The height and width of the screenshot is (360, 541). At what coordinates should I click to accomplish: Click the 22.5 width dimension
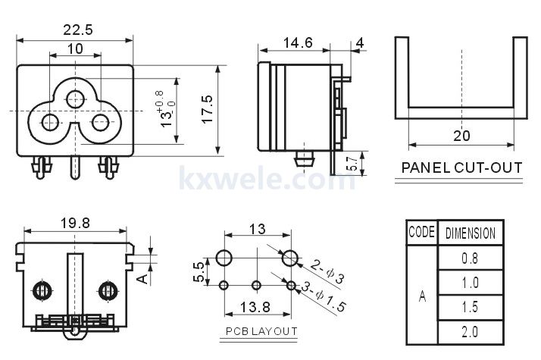[x=78, y=30]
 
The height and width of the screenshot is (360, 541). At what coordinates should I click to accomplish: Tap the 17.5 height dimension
[x=208, y=109]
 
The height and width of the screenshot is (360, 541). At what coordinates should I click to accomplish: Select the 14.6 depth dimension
[x=298, y=42]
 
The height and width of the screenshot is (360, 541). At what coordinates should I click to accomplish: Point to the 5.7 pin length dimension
[x=352, y=164]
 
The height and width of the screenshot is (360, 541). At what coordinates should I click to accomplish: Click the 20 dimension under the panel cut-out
[x=461, y=136]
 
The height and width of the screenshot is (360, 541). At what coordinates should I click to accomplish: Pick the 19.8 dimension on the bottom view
[x=75, y=223]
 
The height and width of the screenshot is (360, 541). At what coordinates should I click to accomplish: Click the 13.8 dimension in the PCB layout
[x=255, y=307]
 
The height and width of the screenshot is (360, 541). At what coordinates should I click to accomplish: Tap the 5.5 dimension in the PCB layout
[x=199, y=272]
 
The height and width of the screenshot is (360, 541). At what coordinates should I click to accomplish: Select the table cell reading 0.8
[x=470, y=258]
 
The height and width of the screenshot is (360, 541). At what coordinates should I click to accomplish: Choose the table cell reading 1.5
[x=470, y=307]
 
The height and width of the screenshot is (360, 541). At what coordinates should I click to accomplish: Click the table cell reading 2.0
[x=470, y=332]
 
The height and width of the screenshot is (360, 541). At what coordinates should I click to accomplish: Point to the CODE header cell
[x=421, y=232]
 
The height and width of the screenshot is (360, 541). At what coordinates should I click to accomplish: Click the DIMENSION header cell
[x=471, y=233]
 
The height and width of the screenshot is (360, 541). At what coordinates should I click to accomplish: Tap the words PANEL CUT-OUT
[x=461, y=167]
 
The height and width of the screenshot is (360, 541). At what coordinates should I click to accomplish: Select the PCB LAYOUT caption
[x=261, y=331]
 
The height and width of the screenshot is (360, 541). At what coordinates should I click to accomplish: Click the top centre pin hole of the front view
[x=75, y=99]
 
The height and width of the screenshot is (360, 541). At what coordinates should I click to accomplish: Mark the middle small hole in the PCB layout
[x=256, y=286]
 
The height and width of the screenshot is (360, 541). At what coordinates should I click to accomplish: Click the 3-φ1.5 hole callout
[x=324, y=296]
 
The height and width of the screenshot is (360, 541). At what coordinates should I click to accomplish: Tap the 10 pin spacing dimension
[x=75, y=49]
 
